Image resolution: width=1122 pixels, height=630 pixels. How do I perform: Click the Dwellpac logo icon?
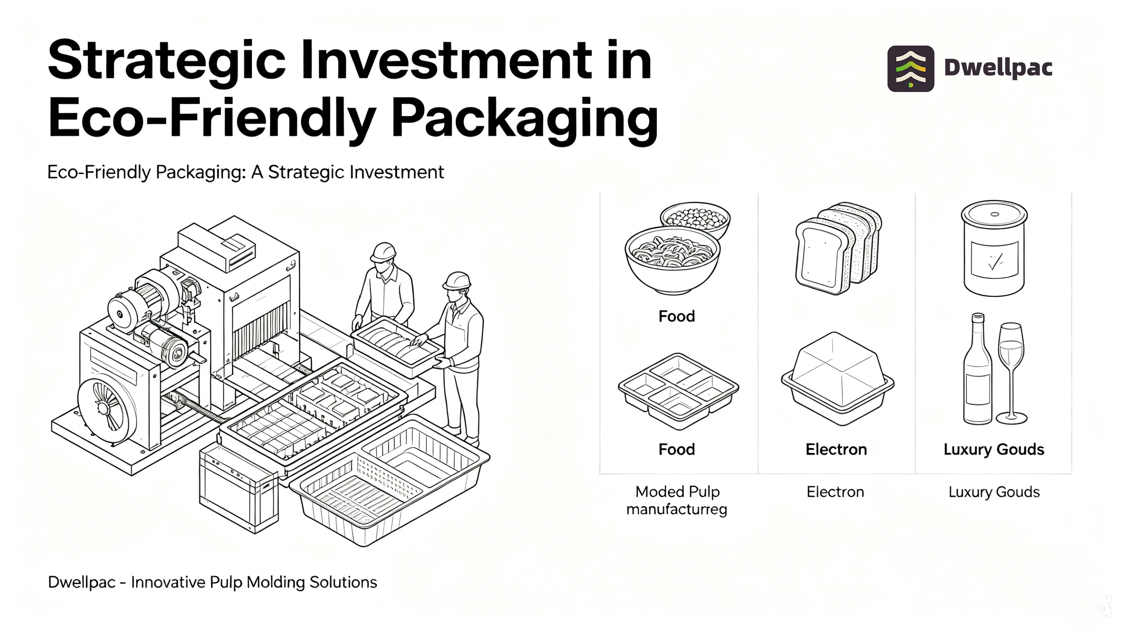pos(910,69)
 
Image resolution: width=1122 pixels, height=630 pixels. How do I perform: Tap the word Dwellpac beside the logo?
pos(998,68)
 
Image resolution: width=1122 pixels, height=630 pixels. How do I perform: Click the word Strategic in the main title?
pos(166,61)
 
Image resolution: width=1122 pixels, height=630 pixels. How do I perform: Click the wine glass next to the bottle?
pos(1011,373)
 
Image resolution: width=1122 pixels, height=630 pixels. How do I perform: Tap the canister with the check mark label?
pos(994,248)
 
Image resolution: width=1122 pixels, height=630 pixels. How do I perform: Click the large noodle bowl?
pos(673,260)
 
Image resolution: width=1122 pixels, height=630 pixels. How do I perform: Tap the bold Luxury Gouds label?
pos(994,449)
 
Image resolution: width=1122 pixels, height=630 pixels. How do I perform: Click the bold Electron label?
pos(836,449)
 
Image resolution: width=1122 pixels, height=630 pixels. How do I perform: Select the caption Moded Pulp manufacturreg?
pos(677,500)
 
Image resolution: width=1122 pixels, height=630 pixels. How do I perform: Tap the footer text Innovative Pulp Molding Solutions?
pos(254,582)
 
